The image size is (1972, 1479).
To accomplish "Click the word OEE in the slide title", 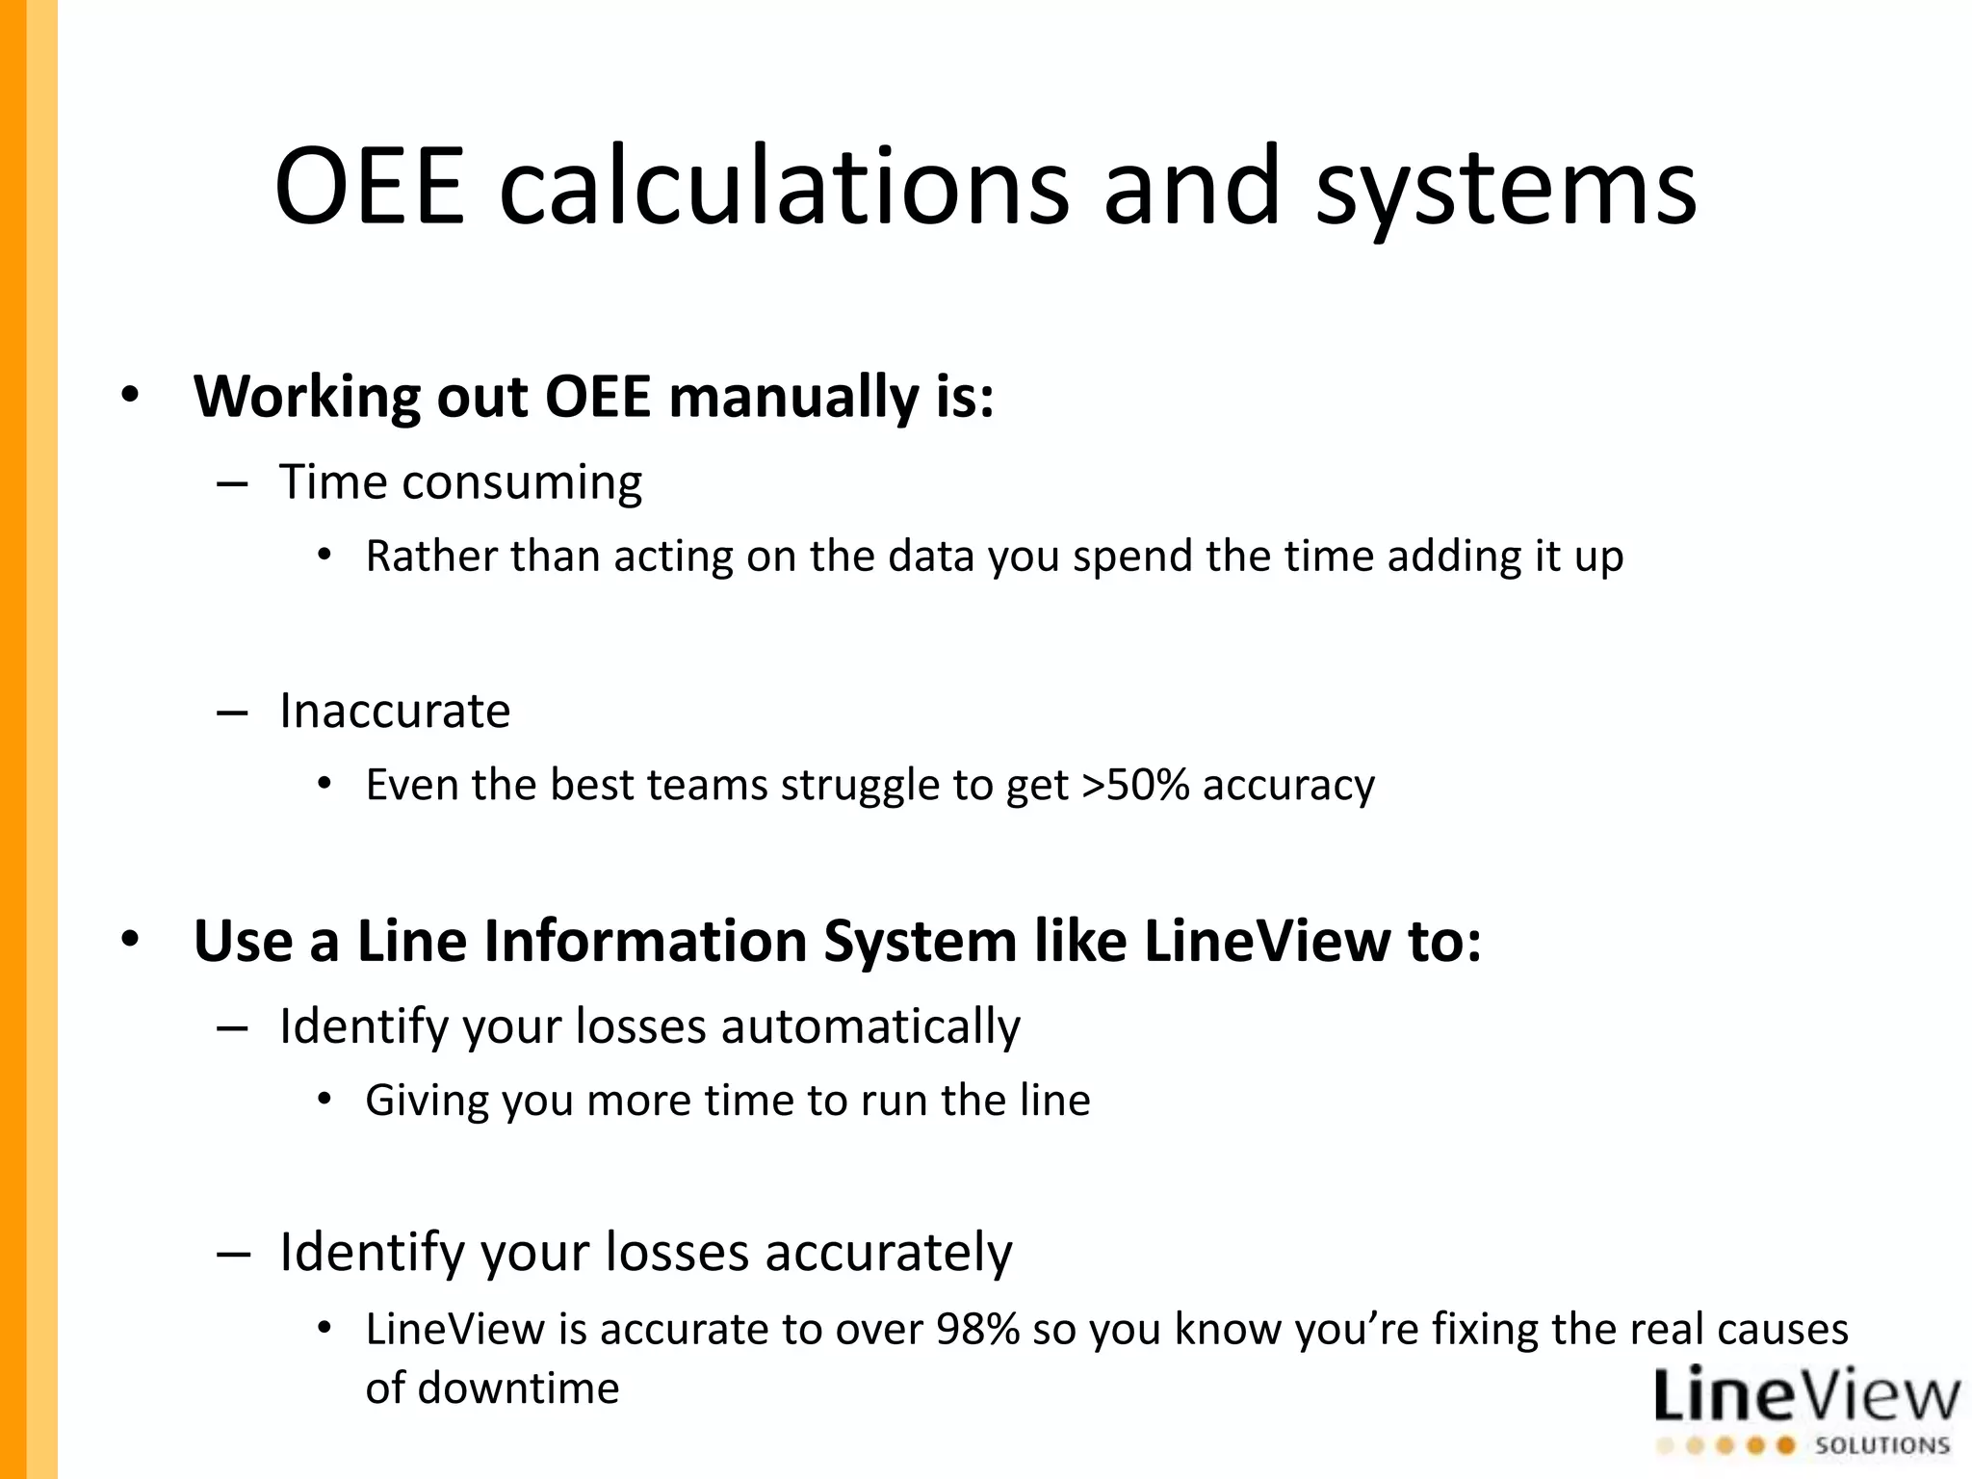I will [370, 185].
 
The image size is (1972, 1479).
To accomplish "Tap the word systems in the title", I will [1505, 188].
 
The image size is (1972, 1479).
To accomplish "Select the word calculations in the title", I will [784, 185].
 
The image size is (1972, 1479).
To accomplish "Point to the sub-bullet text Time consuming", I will [460, 481].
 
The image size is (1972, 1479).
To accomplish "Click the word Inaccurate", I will [395, 711].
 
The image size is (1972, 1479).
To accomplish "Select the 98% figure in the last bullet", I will [977, 1329].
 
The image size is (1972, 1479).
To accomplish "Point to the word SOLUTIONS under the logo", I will [1881, 1445].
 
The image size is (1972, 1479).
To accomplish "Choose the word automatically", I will [870, 1025].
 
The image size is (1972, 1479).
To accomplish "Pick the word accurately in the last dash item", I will [888, 1252].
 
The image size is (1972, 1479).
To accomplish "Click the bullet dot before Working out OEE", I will [130, 395].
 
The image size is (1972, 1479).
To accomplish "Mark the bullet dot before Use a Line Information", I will [130, 940].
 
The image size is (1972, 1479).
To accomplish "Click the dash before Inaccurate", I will [233, 713].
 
